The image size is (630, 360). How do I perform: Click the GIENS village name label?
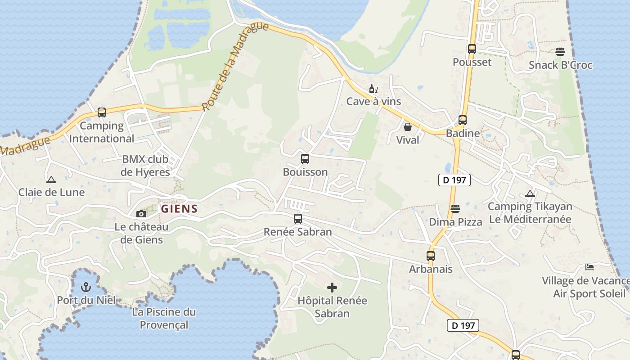(180, 209)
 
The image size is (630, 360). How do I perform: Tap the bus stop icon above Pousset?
(472, 49)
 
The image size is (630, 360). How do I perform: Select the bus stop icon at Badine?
(463, 120)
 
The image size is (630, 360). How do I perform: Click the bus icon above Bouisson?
(305, 158)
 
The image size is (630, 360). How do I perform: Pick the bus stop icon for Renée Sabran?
(298, 219)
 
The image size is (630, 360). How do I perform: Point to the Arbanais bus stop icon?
(431, 256)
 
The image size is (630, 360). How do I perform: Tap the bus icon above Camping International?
(102, 112)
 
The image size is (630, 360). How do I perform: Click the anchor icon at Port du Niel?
(85, 287)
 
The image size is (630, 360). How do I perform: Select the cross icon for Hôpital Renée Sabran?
(332, 287)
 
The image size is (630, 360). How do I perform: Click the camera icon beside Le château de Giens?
(141, 214)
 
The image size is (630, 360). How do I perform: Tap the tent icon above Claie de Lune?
(51, 180)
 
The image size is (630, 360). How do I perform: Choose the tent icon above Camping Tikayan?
(530, 194)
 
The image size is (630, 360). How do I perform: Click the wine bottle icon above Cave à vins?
(373, 89)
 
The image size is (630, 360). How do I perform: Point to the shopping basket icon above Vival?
(408, 127)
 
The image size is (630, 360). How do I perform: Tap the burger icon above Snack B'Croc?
(560, 52)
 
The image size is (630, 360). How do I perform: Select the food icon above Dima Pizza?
(455, 209)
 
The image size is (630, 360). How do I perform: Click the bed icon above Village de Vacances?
(589, 267)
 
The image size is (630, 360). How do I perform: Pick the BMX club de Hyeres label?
(145, 166)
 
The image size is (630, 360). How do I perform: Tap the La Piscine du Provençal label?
(164, 318)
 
